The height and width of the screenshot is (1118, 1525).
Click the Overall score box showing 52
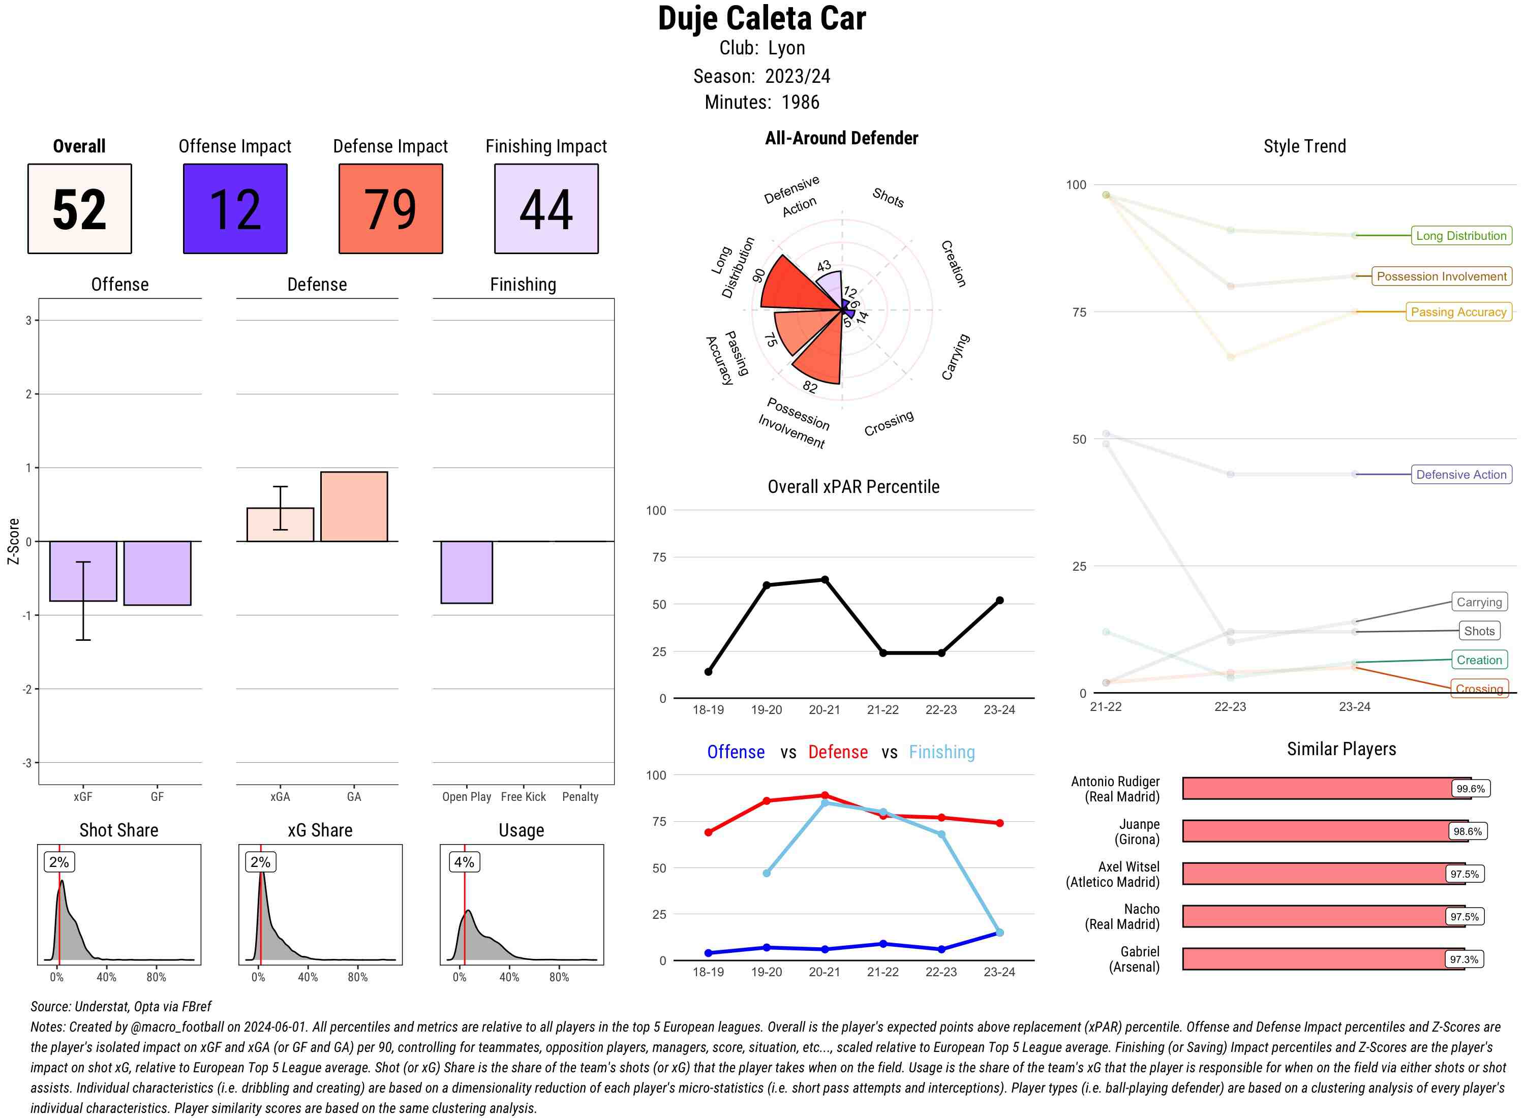tap(79, 208)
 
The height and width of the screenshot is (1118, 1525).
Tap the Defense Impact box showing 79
tap(390, 208)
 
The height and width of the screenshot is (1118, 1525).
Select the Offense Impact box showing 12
tap(235, 208)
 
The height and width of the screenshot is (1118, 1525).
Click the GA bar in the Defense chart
tap(354, 506)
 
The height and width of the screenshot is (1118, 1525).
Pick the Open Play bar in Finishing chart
tap(466, 572)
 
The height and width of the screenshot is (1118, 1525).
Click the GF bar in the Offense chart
tap(157, 573)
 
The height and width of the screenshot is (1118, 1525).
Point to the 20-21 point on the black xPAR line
tap(825, 580)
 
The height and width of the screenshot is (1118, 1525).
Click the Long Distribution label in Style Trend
tap(1461, 235)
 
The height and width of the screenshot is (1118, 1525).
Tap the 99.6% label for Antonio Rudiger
tap(1470, 788)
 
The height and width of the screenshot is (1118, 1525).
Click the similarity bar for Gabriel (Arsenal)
tap(1323, 959)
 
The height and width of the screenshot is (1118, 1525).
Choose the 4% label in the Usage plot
tap(464, 862)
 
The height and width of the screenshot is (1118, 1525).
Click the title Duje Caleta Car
tap(761, 18)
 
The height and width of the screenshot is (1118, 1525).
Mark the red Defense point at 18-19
tap(708, 832)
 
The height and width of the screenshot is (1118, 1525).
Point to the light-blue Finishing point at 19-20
tap(766, 873)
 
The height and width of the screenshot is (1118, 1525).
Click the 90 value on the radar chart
tap(759, 275)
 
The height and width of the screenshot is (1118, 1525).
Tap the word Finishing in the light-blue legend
tap(941, 752)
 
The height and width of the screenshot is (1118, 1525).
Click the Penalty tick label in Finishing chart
tap(580, 796)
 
